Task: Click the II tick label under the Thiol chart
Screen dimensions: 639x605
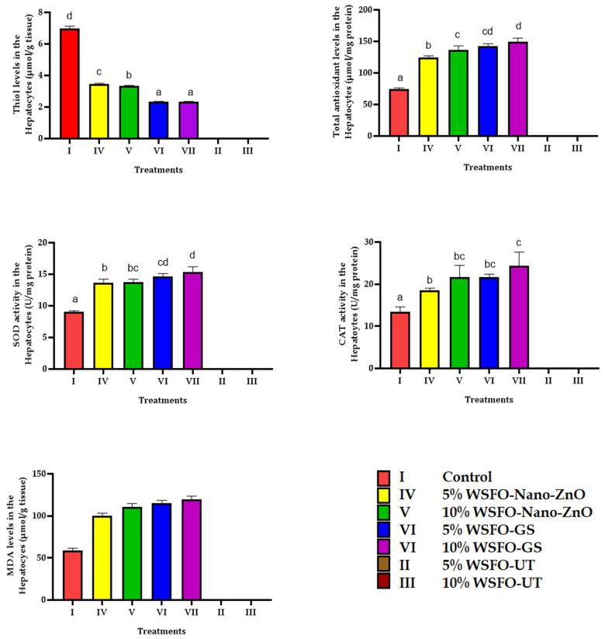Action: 220,151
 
